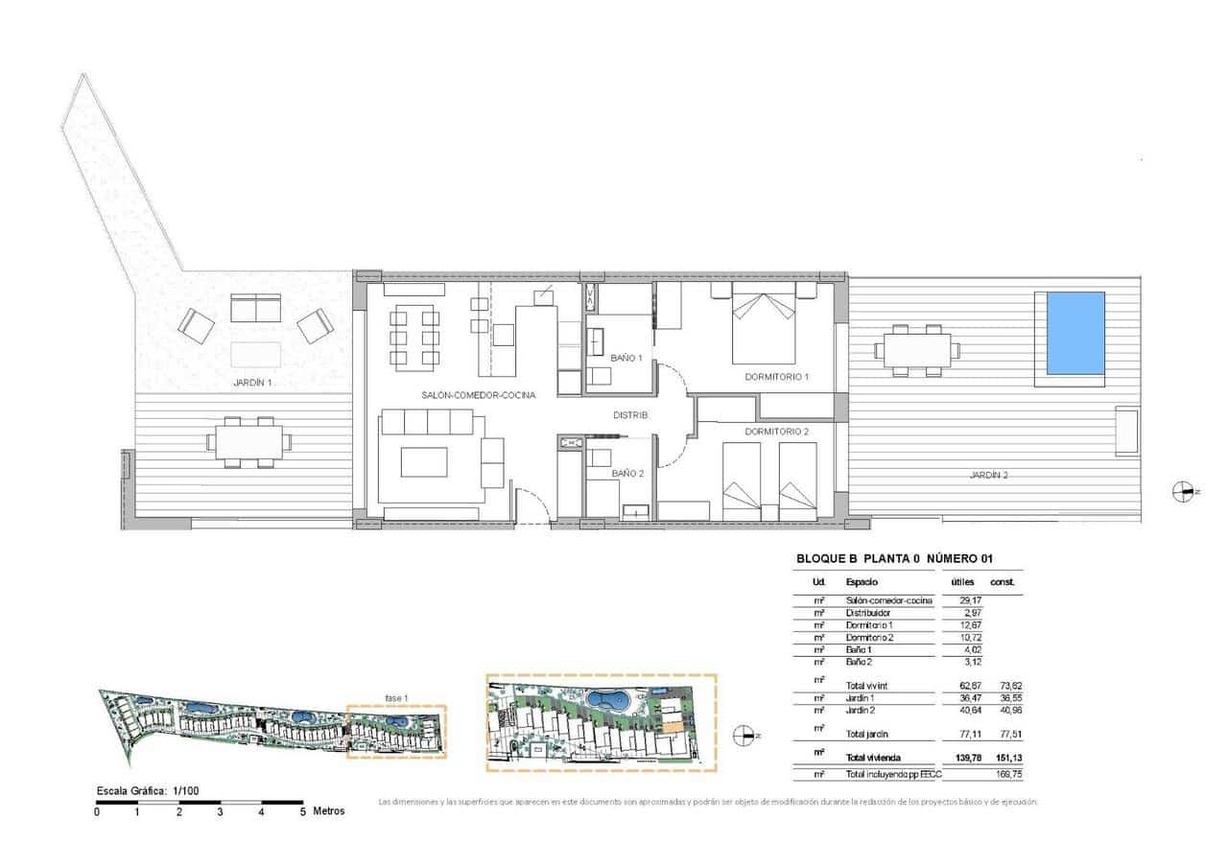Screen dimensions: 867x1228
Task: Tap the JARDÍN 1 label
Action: tap(252, 383)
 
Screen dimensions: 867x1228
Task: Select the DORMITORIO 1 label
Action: tap(777, 377)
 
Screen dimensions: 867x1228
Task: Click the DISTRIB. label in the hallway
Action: tap(631, 415)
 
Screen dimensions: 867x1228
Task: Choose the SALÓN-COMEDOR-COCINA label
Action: tap(477, 395)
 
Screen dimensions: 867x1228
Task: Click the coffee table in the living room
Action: tap(425, 461)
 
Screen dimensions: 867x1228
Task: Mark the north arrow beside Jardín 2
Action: tap(1186, 491)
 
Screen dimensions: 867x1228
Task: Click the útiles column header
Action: tap(962, 582)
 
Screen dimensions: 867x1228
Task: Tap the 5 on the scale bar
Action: tap(302, 811)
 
